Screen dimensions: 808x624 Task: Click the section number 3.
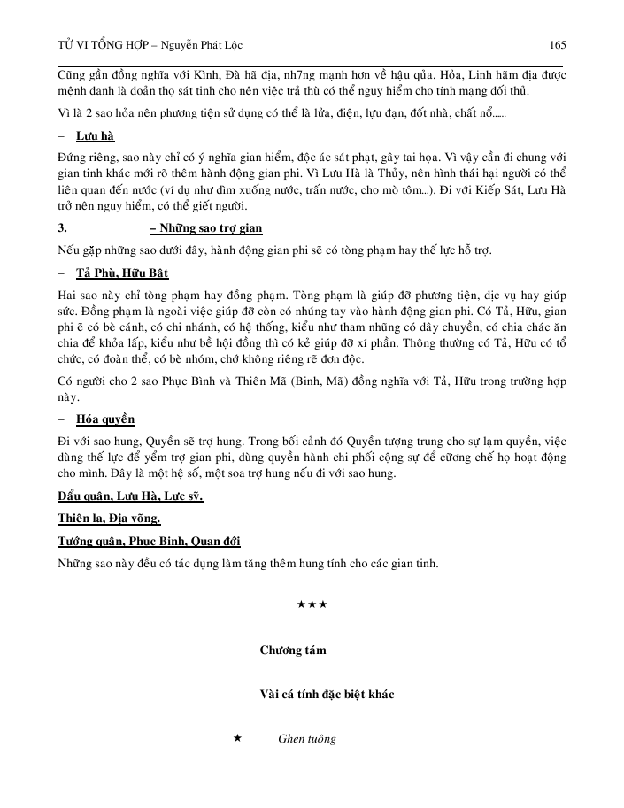(x=62, y=228)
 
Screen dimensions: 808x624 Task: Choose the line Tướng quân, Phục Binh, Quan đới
(x=148, y=541)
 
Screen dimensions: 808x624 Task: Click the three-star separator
(x=312, y=604)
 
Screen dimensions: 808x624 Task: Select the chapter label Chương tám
(x=293, y=650)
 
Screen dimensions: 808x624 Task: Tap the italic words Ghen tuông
(x=306, y=739)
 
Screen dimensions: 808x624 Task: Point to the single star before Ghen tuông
(x=237, y=738)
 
